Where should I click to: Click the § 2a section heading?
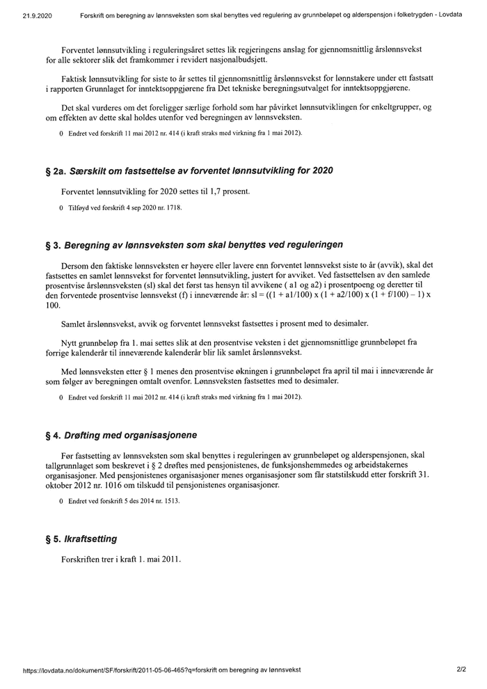click(189, 171)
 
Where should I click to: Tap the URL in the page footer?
click(161, 670)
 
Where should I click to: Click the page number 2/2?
click(461, 670)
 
